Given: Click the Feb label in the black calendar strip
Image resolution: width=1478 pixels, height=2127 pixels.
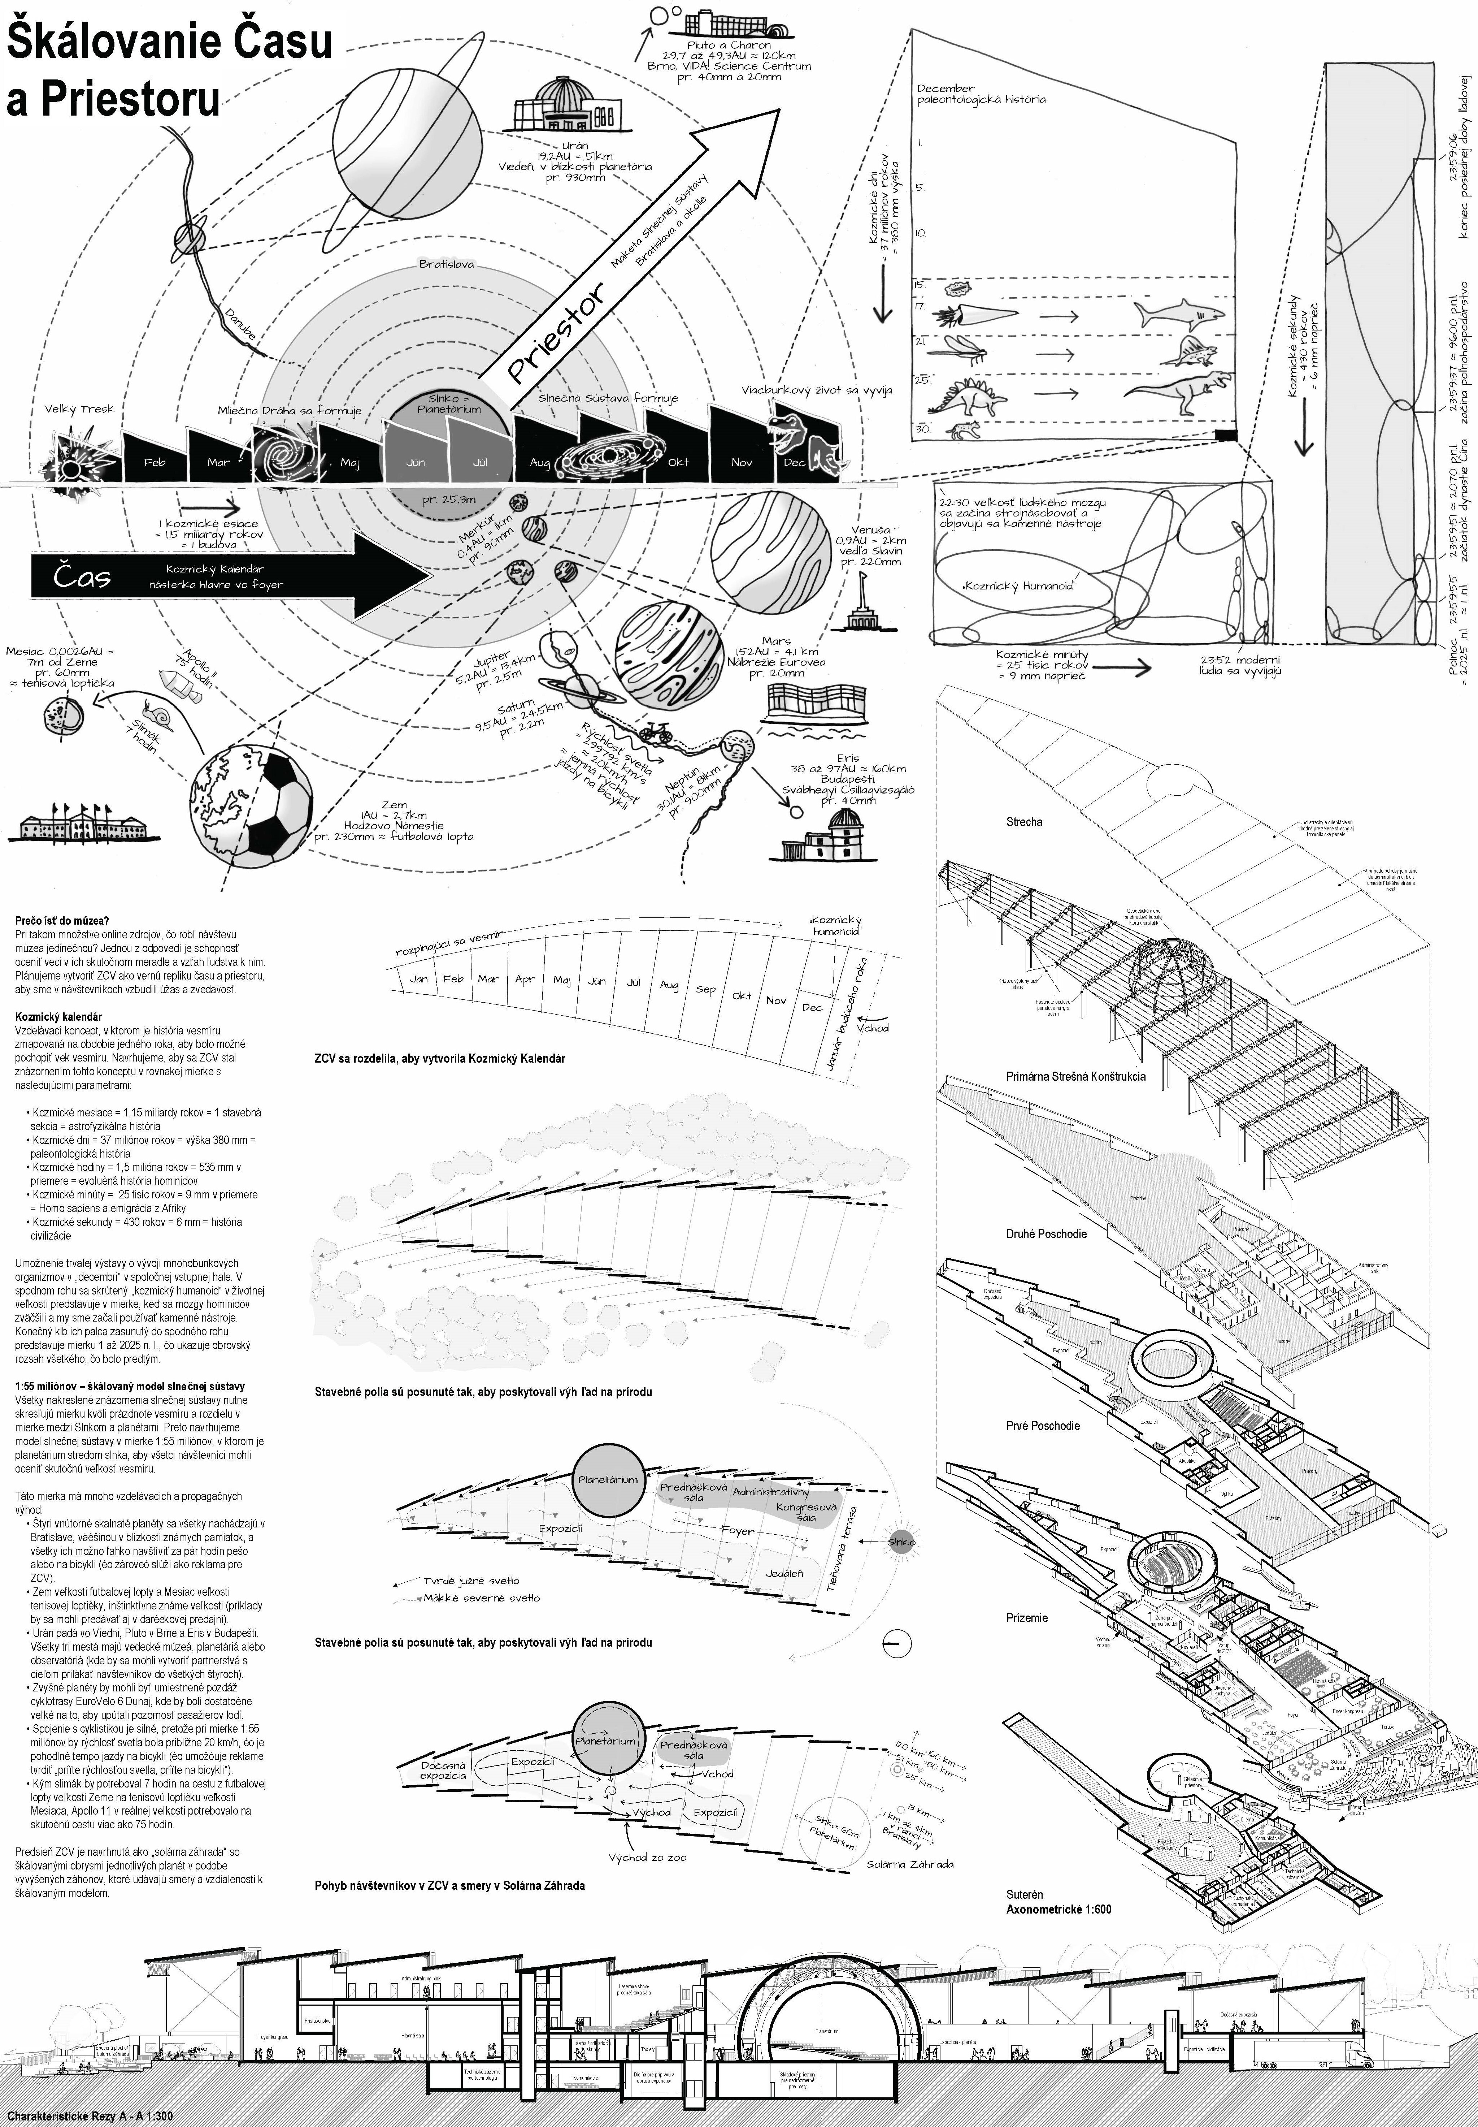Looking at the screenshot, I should point(155,461).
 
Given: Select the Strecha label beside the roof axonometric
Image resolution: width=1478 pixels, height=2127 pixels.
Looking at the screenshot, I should point(1024,822).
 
